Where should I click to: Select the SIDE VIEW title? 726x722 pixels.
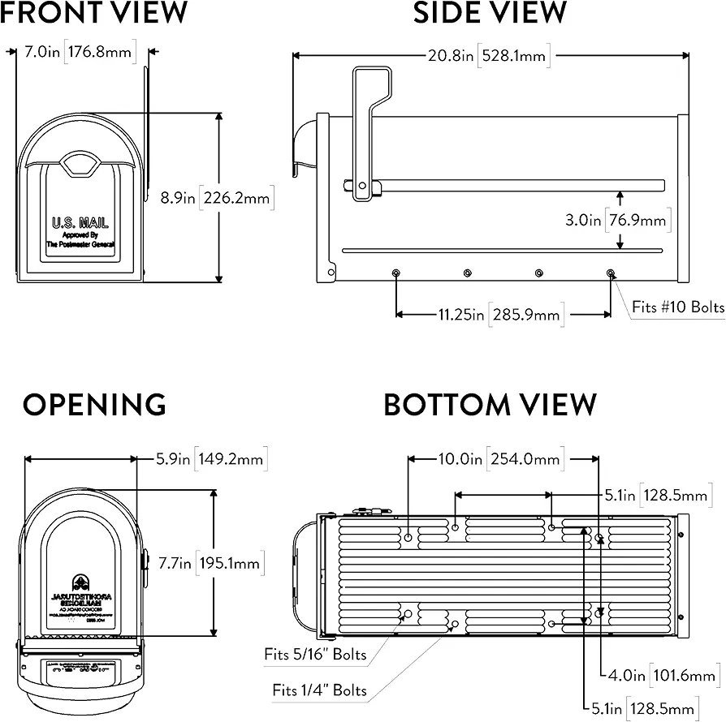[490, 13]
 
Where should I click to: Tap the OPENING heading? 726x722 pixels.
[94, 404]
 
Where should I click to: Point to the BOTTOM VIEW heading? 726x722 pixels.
[490, 404]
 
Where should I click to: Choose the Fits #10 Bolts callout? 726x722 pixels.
[678, 307]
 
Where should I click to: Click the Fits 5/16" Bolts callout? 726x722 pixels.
[315, 654]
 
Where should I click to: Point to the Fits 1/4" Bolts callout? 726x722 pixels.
[319, 691]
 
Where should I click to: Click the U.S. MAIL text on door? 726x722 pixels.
[80, 223]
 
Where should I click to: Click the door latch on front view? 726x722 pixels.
[80, 165]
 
